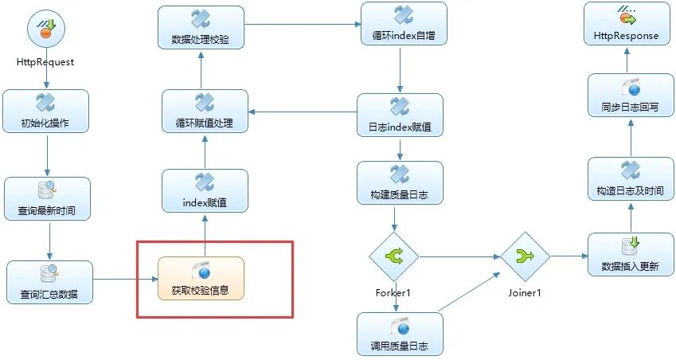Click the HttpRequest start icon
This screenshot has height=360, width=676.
45,29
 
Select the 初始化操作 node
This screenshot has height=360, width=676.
45,111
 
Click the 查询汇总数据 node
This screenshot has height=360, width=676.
49,280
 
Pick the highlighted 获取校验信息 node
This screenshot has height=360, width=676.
201,277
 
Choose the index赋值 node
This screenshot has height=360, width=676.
205,190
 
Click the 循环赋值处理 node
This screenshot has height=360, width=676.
205,111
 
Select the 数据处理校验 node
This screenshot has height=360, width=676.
200,27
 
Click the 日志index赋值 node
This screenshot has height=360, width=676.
400,115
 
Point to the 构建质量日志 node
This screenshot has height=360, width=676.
400,182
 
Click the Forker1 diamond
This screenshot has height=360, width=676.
393,256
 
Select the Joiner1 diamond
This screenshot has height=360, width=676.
525,256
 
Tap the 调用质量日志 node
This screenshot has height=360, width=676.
400,333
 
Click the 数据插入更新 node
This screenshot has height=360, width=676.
630,255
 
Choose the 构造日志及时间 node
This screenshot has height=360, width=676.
630,178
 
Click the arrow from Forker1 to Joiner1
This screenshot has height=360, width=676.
459,256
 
